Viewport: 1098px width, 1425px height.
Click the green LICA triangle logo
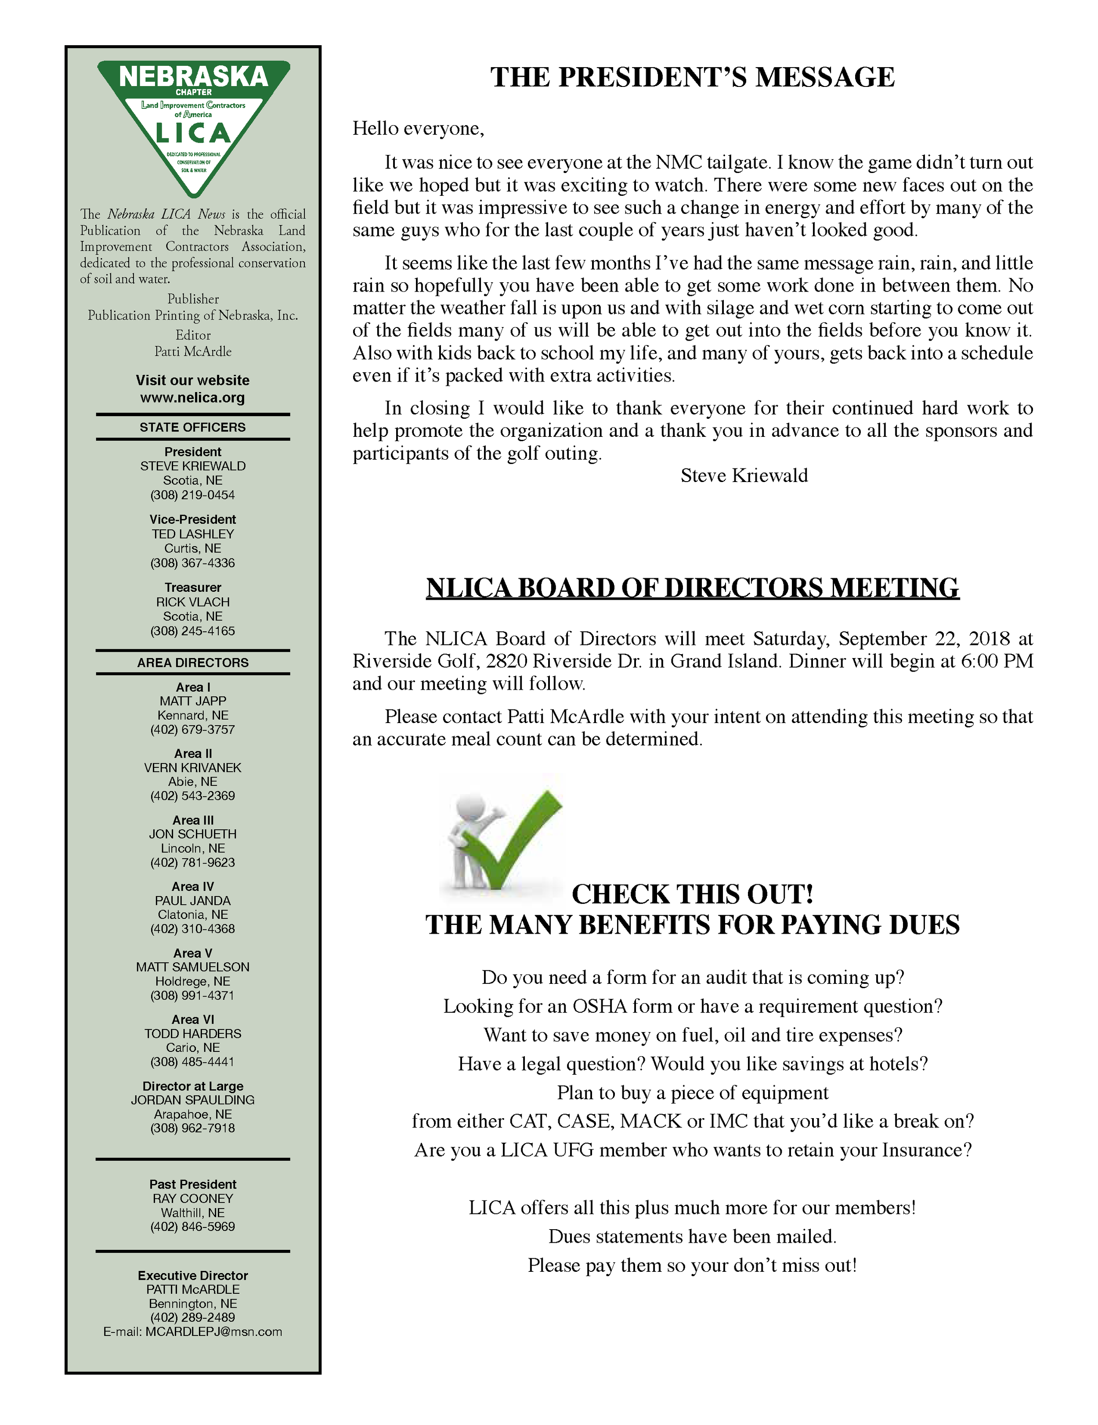click(193, 124)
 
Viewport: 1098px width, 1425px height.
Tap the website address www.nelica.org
click(192, 397)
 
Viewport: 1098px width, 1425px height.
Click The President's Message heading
click(692, 77)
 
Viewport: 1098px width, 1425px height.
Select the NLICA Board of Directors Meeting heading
click(692, 588)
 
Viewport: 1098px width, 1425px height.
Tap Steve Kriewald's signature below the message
click(744, 475)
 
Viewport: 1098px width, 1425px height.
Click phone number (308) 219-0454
click(192, 495)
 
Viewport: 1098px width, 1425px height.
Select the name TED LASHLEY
click(192, 534)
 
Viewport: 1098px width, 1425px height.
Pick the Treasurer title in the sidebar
click(192, 587)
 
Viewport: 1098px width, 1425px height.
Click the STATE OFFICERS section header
click(192, 428)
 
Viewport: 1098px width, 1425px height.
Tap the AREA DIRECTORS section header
click(192, 663)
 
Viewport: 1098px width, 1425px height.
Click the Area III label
click(192, 820)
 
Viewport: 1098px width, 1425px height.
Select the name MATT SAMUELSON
click(192, 967)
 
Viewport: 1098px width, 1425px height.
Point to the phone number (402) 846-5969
click(192, 1227)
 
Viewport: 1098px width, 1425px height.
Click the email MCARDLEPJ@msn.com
click(213, 1331)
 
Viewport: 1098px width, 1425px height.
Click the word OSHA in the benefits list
click(599, 1007)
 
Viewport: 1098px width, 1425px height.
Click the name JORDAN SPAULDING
click(192, 1100)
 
